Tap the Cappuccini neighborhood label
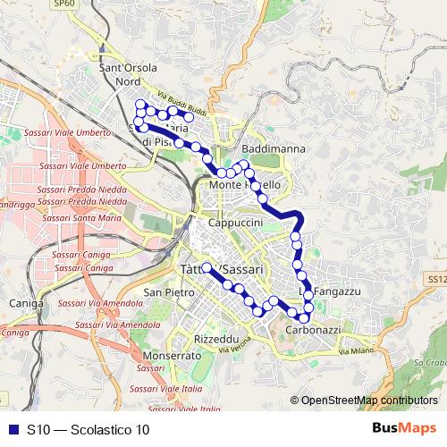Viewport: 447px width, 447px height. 234,222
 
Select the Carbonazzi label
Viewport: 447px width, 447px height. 313,330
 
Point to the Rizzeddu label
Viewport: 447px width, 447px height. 216,340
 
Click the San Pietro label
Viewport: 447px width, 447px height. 168,292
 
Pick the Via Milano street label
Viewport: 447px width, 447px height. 356,352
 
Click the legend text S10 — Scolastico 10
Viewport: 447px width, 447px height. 88,429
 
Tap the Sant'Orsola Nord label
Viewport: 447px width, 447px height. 129,73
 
